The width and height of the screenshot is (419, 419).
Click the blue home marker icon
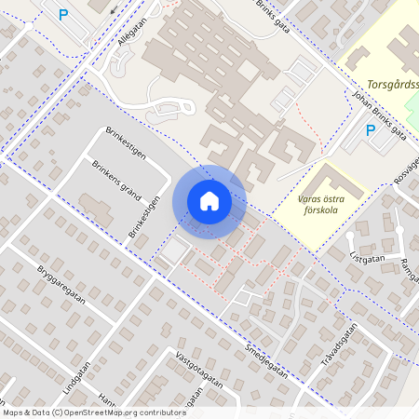coord(209,201)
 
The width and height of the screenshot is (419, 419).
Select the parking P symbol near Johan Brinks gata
coord(370,130)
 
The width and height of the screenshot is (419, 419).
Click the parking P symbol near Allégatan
coord(63,14)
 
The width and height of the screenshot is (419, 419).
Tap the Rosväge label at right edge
coord(407,168)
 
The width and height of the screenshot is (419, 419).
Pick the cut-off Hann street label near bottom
coord(106,401)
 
